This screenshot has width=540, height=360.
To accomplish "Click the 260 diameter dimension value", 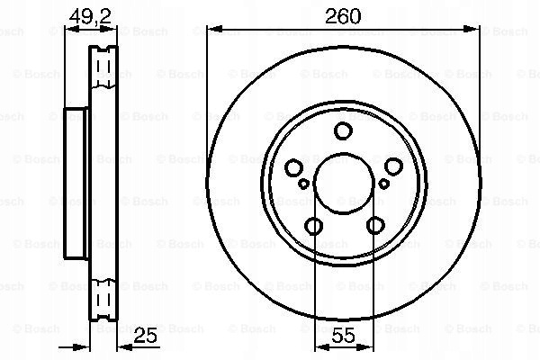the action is tap(343, 16).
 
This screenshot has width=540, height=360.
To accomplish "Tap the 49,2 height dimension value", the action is tap(91, 16).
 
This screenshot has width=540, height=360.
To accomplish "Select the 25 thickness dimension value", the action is tap(145, 335).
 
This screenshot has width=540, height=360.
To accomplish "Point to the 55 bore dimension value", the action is tap(344, 335).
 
